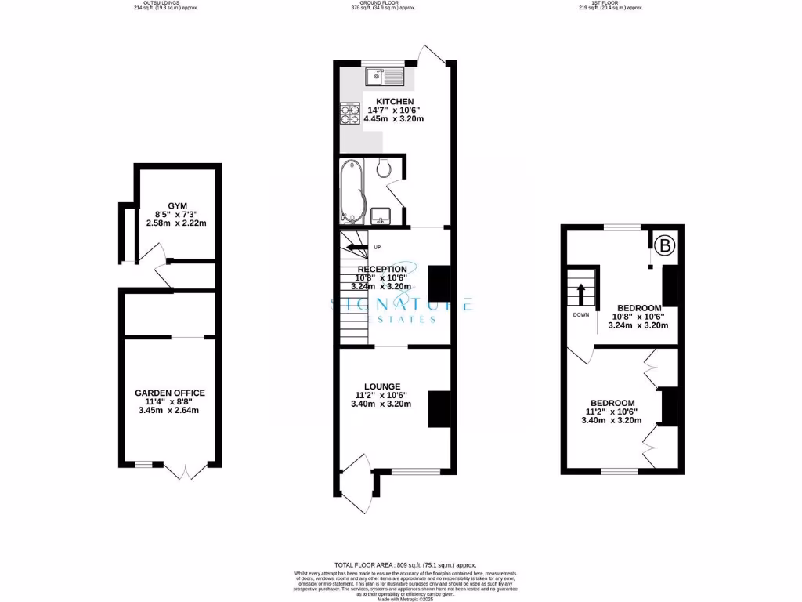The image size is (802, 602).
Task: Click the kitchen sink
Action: (x=383, y=78)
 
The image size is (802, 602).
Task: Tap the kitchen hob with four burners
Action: (x=349, y=116)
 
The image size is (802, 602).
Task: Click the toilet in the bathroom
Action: (x=384, y=168)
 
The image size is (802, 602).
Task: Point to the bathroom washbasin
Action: (x=381, y=214)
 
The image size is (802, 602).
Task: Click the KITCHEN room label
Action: (x=396, y=102)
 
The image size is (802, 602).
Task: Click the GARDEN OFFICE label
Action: (x=169, y=393)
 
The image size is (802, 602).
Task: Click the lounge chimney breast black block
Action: (x=439, y=408)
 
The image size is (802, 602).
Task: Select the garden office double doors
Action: (x=186, y=470)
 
